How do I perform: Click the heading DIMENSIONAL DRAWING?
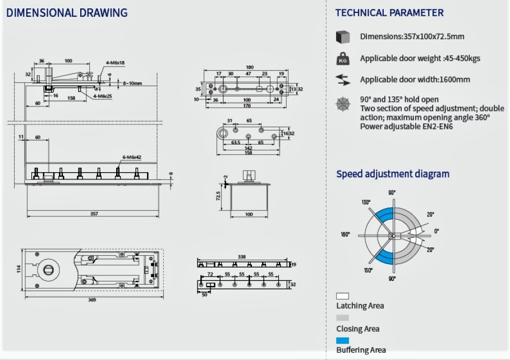[x=66, y=12]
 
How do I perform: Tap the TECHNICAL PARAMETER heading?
[x=389, y=13]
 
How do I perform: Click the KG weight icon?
[x=342, y=58]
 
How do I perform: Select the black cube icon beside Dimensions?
[x=342, y=37]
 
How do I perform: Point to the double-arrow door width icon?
[x=342, y=80]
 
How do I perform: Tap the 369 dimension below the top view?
[x=92, y=299]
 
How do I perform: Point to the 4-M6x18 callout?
[x=115, y=63]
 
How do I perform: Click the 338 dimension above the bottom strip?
[x=241, y=256]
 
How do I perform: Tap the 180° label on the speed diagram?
[x=345, y=234]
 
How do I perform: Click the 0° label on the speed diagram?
[x=436, y=230]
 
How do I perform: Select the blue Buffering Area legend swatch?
[x=342, y=340]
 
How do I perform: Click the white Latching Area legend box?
[x=342, y=296]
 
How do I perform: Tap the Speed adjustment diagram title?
[x=393, y=174]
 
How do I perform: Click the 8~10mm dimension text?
[x=133, y=83]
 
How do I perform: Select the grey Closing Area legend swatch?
[x=342, y=317]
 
